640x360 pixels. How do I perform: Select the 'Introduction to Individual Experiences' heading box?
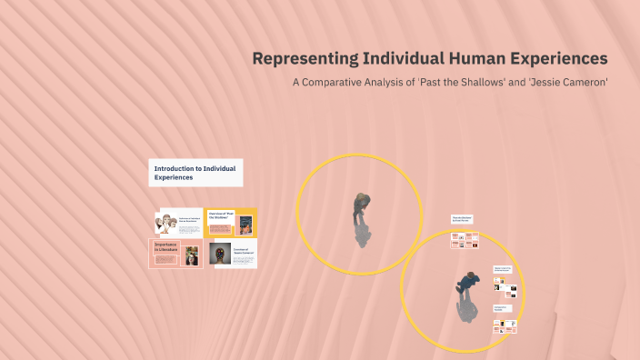click(x=195, y=173)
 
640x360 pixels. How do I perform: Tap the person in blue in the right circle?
click(x=467, y=284)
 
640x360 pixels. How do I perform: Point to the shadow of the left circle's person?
click(x=362, y=234)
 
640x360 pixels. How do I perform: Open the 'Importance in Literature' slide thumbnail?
click(x=175, y=254)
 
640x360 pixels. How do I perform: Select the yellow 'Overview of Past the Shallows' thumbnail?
click(x=231, y=222)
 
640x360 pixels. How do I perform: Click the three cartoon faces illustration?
click(x=165, y=223)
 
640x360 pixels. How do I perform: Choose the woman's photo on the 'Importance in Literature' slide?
click(x=191, y=255)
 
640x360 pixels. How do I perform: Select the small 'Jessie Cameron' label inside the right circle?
click(x=503, y=269)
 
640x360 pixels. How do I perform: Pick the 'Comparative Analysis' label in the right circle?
click(x=503, y=308)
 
